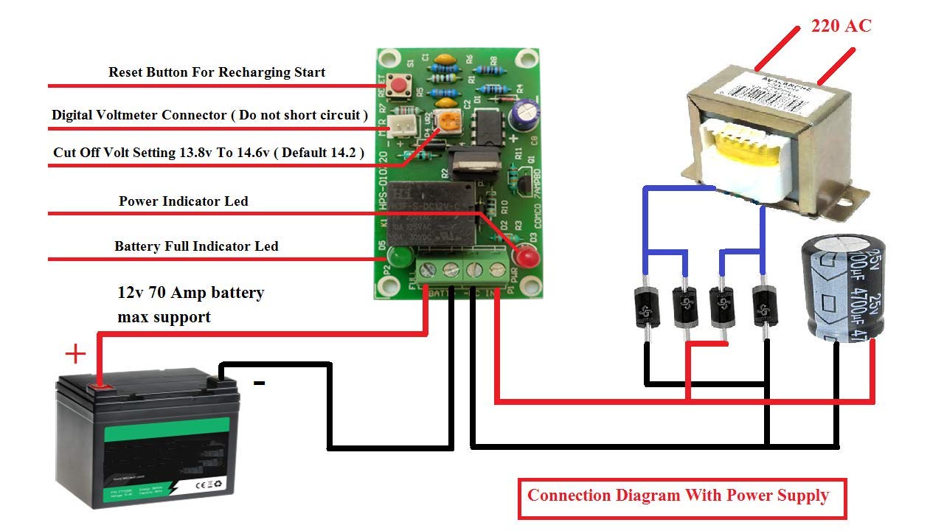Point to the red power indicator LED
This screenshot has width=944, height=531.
(527, 257)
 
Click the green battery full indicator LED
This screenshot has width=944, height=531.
(399, 257)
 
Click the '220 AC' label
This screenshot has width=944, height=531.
(841, 26)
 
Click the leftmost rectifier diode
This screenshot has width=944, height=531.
(647, 306)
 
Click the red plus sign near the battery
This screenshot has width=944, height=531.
(75, 355)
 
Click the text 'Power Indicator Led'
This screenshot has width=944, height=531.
(183, 201)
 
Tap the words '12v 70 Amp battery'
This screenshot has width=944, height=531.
(190, 293)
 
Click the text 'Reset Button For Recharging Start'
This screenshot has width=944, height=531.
(216, 72)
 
